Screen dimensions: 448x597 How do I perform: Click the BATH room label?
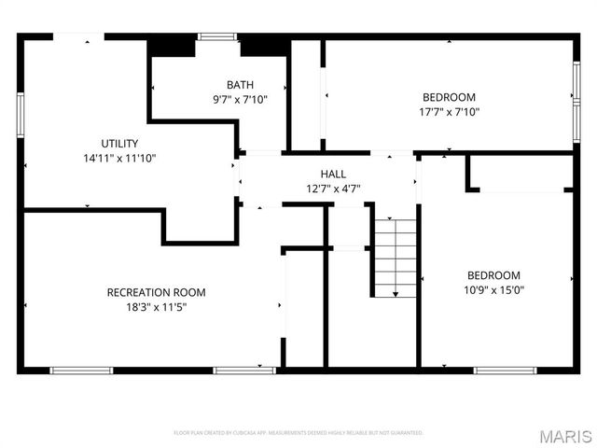(x=240, y=85)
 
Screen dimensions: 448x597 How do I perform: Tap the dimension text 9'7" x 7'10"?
(x=240, y=98)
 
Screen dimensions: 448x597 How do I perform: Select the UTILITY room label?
(x=119, y=144)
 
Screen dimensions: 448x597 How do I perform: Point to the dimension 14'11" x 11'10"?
(x=119, y=158)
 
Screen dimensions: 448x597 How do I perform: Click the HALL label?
(x=333, y=175)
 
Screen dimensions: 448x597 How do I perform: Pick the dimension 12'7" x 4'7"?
(x=333, y=189)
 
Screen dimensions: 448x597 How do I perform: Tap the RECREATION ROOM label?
(x=157, y=292)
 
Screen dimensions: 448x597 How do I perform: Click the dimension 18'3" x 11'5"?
(x=157, y=306)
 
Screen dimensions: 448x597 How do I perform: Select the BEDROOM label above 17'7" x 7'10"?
(x=450, y=97)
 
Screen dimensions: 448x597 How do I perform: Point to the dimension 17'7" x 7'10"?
(x=450, y=111)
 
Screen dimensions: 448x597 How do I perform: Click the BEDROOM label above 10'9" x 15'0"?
(x=493, y=275)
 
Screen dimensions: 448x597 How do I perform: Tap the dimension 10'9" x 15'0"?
(x=493, y=289)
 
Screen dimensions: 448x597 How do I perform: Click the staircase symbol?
(x=396, y=257)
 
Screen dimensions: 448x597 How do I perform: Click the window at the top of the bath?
(x=216, y=37)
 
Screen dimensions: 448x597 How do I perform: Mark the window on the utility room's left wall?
(x=20, y=114)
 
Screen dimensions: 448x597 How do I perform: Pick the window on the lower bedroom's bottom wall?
(x=505, y=371)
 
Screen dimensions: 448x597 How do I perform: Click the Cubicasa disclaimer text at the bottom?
(x=298, y=433)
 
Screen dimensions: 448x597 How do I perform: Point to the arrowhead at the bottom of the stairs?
(x=396, y=294)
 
